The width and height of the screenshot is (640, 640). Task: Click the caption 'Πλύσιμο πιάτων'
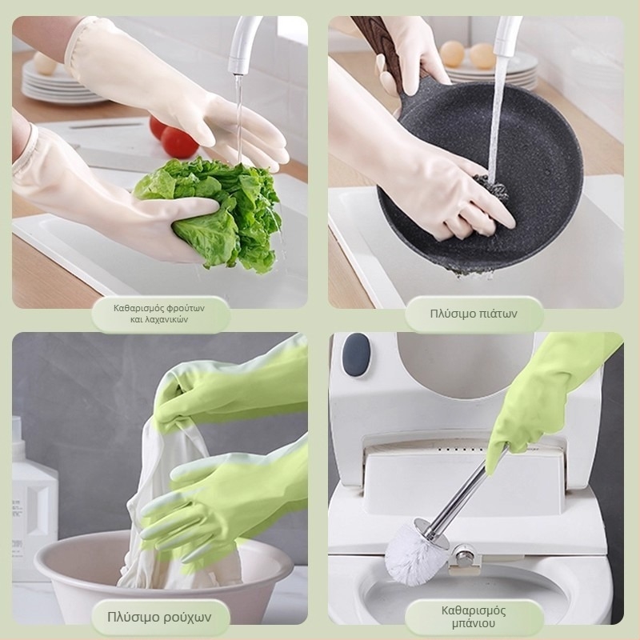tap(474, 314)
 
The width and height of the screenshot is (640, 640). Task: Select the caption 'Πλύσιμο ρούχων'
tap(159, 617)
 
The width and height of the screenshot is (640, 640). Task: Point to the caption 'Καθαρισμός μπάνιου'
tap(474, 617)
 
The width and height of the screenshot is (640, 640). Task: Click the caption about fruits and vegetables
tap(159, 314)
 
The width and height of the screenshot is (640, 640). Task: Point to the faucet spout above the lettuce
tap(245, 45)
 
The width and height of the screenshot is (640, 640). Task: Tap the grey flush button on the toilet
tap(356, 354)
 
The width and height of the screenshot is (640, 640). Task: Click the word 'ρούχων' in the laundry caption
tap(187, 617)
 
